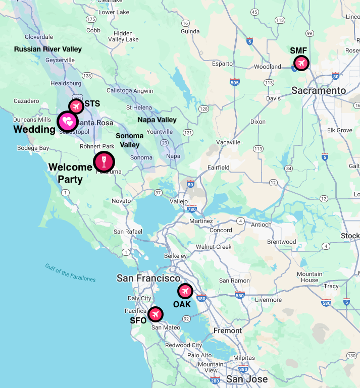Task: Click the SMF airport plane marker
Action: click(x=301, y=63)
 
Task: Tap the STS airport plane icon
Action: click(x=76, y=106)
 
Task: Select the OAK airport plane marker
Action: click(x=185, y=291)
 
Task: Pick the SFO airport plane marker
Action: click(x=156, y=314)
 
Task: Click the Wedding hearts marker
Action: click(x=67, y=121)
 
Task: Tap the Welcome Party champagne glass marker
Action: click(x=104, y=162)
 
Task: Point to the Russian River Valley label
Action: click(x=47, y=49)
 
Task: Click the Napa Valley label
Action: click(x=157, y=120)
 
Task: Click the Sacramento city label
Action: click(x=319, y=91)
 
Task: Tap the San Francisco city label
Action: click(x=148, y=278)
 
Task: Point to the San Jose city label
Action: click(x=247, y=379)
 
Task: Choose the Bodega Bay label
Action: click(x=33, y=148)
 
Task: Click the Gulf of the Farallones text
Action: click(x=70, y=272)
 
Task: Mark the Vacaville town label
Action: click(x=228, y=142)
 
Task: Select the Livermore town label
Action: click(x=268, y=300)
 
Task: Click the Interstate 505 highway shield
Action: click(x=234, y=82)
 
